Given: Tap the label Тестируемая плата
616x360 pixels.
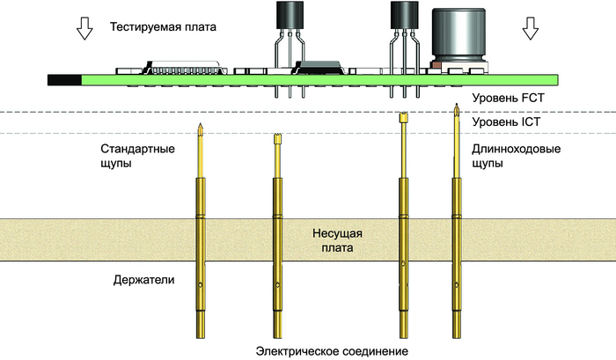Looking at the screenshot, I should pyautogui.click(x=163, y=27).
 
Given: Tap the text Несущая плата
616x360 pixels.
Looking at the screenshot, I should pyautogui.click(x=337, y=240).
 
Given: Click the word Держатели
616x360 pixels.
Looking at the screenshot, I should pyautogui.click(x=144, y=280).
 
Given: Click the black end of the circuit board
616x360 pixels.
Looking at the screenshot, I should pyautogui.click(x=64, y=79).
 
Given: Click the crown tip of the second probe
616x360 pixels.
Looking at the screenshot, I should pyautogui.click(x=277, y=136).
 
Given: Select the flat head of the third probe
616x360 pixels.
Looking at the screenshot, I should pyautogui.click(x=404, y=117).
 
